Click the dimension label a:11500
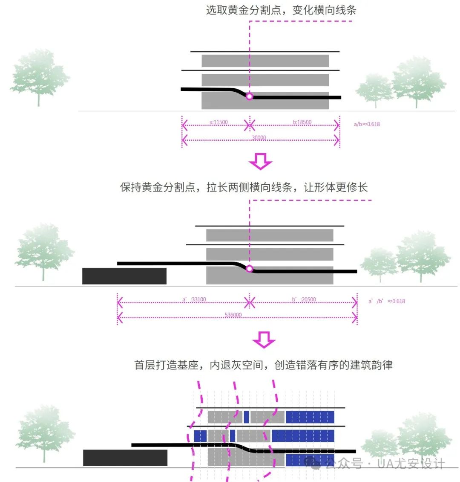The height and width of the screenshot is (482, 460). click(x=218, y=122)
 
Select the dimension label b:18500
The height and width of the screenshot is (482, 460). click(x=302, y=122)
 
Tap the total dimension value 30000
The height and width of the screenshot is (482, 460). click(x=259, y=138)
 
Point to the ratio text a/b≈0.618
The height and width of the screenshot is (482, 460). click(x=367, y=124)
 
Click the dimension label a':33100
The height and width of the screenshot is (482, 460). click(x=194, y=299)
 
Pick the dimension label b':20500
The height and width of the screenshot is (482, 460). click(x=304, y=299)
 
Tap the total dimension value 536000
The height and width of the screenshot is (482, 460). click(x=233, y=315)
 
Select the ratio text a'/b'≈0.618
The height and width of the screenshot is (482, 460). click(x=387, y=301)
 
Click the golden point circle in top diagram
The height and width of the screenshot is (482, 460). click(x=250, y=97)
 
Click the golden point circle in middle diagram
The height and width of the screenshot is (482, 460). click(x=250, y=269)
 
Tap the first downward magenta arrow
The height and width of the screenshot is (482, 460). click(x=260, y=161)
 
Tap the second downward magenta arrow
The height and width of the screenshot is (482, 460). click(x=264, y=340)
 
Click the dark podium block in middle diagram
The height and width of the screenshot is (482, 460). click(x=124, y=276)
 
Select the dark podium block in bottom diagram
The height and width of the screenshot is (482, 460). click(x=125, y=458)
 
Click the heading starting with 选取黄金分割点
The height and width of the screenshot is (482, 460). click(x=281, y=10)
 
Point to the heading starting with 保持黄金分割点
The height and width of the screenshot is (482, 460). click(x=244, y=187)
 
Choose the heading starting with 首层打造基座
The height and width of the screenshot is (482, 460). click(x=263, y=365)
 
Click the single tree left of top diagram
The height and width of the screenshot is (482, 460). click(x=39, y=77)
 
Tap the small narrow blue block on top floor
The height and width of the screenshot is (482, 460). click(x=246, y=417)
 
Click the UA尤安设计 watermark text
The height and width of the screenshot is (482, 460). click(x=411, y=464)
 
